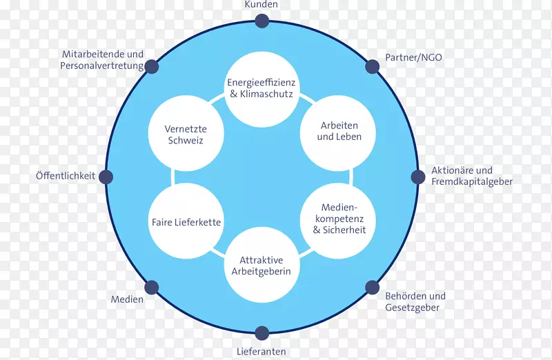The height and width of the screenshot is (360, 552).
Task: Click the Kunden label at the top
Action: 262,5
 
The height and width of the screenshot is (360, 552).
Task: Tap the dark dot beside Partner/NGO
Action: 372,66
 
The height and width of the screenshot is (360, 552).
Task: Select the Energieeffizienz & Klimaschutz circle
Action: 261,88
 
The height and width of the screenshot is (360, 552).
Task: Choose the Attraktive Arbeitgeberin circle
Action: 261,266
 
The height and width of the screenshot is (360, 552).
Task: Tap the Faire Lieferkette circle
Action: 186,222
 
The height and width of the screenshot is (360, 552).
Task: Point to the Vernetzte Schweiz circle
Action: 186,134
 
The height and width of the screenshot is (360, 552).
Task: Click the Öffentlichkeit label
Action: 66,177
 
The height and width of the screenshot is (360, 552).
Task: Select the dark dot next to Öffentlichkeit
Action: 106,177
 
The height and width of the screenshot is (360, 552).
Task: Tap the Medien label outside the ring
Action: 127,299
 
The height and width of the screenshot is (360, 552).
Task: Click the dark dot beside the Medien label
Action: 152,287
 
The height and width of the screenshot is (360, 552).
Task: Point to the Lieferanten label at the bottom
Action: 262,352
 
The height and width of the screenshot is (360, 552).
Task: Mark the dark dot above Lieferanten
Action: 262,334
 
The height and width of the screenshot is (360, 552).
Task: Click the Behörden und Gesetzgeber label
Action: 415,302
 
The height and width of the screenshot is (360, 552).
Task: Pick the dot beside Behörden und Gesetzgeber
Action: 372,288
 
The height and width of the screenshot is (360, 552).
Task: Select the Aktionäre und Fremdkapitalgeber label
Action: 471,176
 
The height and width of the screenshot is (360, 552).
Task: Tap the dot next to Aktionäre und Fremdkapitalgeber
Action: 418,177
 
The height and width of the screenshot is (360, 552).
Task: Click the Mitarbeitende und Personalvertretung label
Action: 102,60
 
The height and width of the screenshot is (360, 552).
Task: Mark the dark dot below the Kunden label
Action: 262,21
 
